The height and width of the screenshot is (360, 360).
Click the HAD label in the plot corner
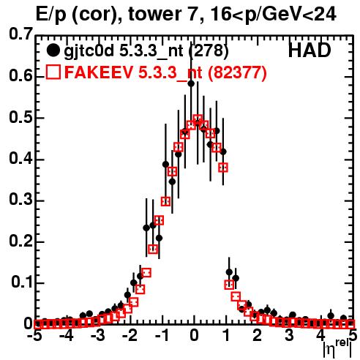click(310, 50)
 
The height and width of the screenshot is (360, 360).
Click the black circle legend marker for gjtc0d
click(53, 50)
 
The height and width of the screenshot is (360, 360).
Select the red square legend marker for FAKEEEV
click(53, 72)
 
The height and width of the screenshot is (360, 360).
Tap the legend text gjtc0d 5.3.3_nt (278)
click(146, 51)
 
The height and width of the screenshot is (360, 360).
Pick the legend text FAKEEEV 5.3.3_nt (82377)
click(166, 72)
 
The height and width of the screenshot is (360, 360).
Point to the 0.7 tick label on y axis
click(21, 34)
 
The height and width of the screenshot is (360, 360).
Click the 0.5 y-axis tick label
click(21, 118)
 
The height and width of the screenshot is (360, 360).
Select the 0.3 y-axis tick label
click(21, 200)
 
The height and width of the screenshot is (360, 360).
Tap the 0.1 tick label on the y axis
click(22, 282)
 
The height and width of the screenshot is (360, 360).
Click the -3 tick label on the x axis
click(99, 336)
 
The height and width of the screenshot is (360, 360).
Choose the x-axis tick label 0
click(194, 336)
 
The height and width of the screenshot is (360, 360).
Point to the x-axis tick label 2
click(258, 336)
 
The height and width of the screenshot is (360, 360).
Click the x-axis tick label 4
click(321, 336)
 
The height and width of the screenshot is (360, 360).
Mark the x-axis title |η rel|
click(337, 349)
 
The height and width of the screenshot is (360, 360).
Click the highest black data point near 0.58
click(191, 83)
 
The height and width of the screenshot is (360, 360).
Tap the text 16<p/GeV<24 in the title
click(273, 15)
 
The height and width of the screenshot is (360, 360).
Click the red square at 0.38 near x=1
click(223, 168)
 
